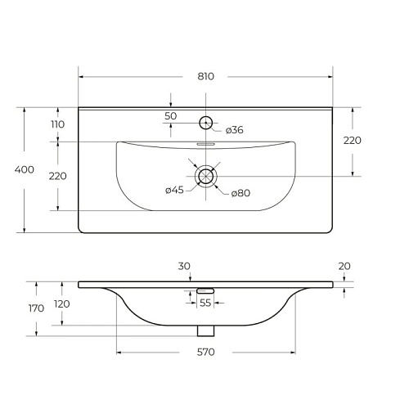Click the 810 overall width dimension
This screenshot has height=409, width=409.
tap(206, 76)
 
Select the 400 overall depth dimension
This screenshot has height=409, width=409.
tap(25, 169)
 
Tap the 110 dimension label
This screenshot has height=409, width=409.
tap(58, 124)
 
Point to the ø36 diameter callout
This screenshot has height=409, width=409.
tap(235, 130)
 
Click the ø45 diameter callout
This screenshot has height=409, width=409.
tap(174, 190)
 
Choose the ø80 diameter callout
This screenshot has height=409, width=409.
tap(240, 193)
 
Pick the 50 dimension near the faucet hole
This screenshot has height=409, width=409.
tap(171, 116)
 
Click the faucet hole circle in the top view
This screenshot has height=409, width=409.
tap(206, 123)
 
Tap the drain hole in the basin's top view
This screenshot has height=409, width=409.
tap(206, 176)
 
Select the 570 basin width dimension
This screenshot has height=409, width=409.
tap(206, 352)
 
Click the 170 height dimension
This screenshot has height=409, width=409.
tap(36, 308)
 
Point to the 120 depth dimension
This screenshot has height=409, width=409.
tap(62, 303)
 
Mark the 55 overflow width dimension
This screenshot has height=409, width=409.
tap(205, 303)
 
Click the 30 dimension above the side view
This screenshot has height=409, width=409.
tap(184, 266)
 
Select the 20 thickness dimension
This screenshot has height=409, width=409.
tap(344, 266)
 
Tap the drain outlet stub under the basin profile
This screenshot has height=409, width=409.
tap(206, 330)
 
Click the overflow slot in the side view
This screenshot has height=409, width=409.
tap(205, 290)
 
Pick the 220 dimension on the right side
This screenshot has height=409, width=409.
tap(353, 141)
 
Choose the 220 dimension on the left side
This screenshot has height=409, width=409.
tap(58, 176)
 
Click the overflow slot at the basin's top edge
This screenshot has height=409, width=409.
tap(206, 144)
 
